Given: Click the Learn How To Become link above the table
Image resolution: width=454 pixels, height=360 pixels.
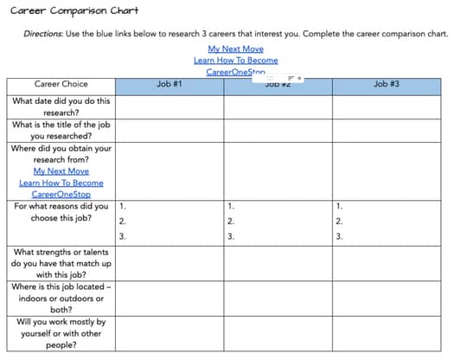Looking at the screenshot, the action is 235,61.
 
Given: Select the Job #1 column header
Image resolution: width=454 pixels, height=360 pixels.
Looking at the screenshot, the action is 169,84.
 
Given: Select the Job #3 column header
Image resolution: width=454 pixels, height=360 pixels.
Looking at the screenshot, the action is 386,84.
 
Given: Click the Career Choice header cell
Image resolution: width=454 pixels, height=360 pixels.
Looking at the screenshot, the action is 61,84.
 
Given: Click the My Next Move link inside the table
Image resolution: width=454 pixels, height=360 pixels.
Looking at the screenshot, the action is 61,171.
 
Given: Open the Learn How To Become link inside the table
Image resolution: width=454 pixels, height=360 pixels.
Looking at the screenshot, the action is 61,183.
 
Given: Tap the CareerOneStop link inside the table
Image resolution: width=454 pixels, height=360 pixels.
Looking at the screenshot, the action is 61,195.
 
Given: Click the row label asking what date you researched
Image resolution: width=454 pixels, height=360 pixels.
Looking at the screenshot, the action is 61,106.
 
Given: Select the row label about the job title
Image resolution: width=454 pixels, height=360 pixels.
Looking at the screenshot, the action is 61,130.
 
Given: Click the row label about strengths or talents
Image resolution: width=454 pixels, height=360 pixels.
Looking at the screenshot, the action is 61,264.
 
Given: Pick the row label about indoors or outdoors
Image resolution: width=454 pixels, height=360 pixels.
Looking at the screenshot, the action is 61,299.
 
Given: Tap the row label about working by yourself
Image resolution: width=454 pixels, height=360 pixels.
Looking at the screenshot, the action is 61,333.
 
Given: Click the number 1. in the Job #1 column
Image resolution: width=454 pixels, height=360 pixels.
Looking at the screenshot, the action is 123,207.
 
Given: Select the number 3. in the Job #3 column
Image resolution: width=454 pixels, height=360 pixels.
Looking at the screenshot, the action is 339,236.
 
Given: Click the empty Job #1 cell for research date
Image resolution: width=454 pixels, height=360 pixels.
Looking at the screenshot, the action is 169,106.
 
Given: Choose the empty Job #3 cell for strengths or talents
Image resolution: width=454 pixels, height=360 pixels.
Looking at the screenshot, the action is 386,264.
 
